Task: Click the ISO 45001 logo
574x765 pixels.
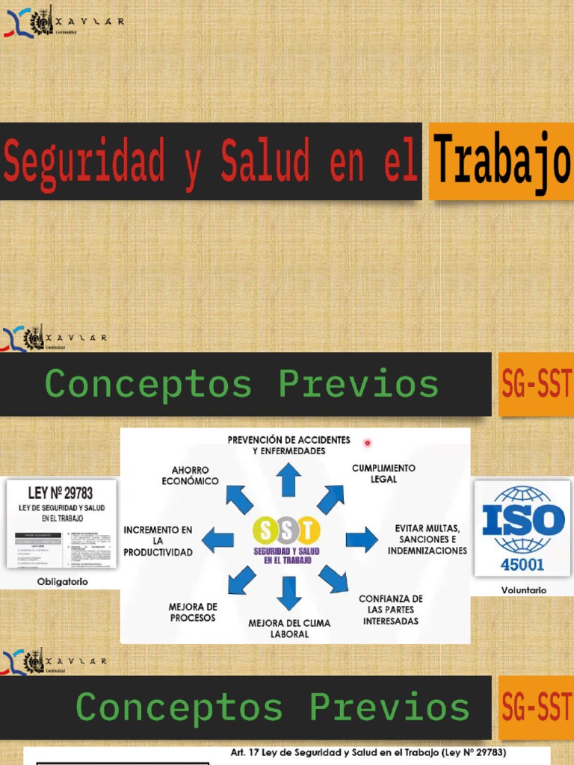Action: (523, 527)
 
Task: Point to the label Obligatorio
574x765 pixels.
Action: (62, 581)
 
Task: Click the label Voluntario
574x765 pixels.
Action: (523, 590)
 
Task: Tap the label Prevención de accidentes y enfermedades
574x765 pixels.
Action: (288, 446)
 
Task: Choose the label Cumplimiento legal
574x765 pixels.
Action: (383, 473)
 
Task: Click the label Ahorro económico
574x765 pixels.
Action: (191, 476)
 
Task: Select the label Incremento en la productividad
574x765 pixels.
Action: (158, 541)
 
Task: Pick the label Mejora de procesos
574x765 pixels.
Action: (193, 613)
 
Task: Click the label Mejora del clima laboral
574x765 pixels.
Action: (289, 628)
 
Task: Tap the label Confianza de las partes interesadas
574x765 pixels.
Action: (390, 610)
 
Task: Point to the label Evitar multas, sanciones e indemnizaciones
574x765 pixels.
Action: (427, 539)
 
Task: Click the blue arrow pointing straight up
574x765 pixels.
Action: (288, 480)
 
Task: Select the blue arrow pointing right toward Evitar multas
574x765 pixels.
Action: (362, 539)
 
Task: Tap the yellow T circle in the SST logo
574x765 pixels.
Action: (308, 530)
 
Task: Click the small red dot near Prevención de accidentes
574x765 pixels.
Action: (367, 443)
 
